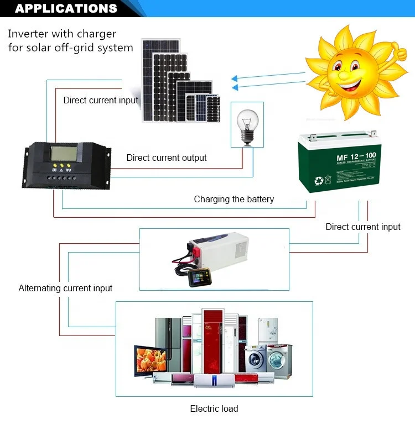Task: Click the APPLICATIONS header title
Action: [x=66, y=8]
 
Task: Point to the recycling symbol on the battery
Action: [x=319, y=180]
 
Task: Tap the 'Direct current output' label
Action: [x=166, y=158]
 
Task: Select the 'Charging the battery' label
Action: [x=234, y=200]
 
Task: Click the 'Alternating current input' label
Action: [x=65, y=289]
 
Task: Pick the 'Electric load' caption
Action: [x=214, y=409]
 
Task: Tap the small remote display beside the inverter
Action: [x=197, y=278]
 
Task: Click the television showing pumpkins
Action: [x=150, y=361]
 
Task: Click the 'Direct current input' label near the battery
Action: [x=362, y=227]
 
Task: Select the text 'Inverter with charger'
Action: [x=63, y=34]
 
